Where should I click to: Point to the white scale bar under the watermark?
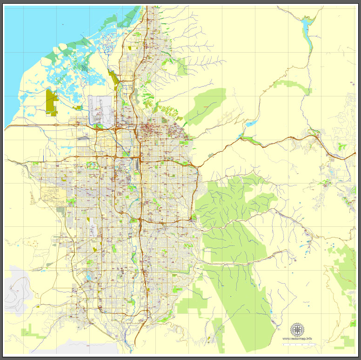[298, 345]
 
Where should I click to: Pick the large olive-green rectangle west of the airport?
[51, 102]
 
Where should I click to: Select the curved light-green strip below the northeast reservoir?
[293, 86]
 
